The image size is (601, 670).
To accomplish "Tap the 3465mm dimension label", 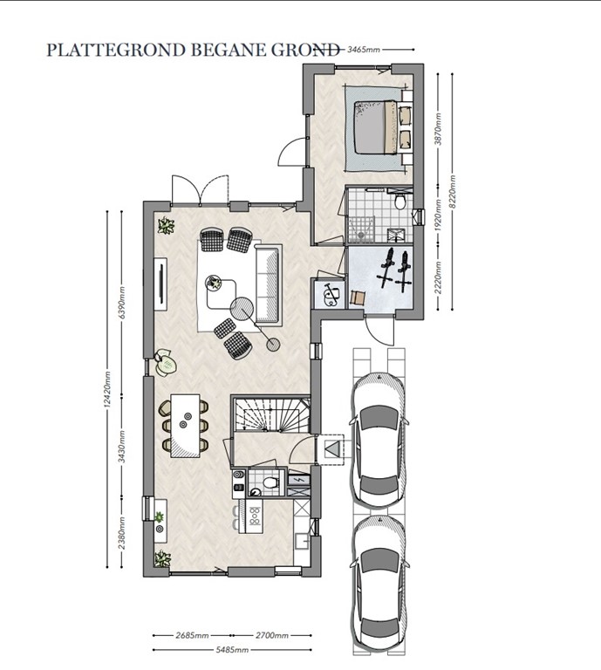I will [x=365, y=50].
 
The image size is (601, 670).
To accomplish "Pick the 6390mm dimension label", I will [x=123, y=299].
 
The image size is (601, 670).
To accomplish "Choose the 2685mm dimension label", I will [x=193, y=636].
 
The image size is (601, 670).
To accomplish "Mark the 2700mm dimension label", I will [x=270, y=636].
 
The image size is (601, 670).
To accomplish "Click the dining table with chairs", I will [x=184, y=425].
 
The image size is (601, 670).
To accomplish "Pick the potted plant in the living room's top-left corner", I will [x=165, y=227].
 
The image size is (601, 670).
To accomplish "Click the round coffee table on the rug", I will [x=215, y=284].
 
